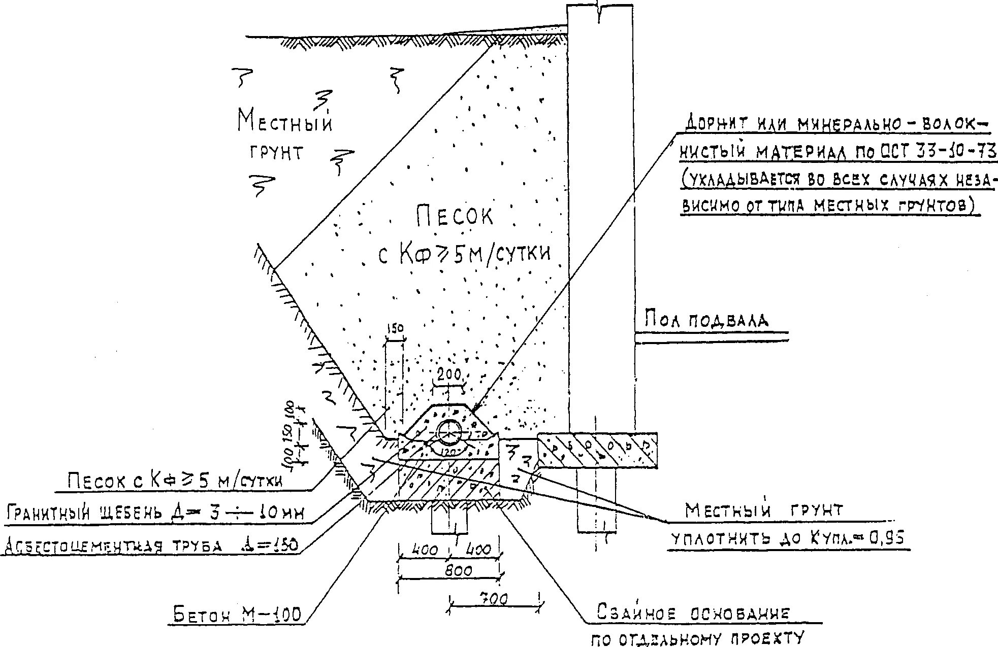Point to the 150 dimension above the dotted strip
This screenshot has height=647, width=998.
[x=395, y=329]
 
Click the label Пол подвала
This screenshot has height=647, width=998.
[x=706, y=321]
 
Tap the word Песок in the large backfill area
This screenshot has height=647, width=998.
[x=454, y=217]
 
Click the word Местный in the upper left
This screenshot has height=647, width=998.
[x=285, y=122]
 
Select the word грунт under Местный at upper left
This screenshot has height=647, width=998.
[x=276, y=153]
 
